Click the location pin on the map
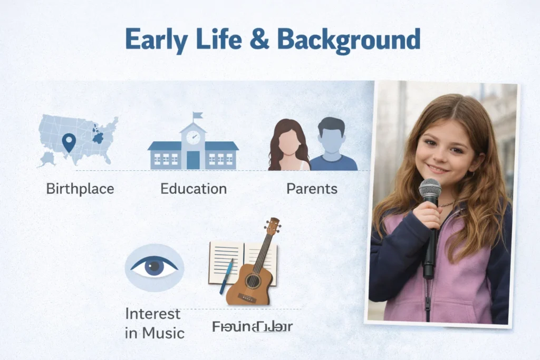69,142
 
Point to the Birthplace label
80,189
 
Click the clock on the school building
193,137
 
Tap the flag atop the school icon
198,115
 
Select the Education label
194,189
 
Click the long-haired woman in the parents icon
288,145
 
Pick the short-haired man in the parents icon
332,145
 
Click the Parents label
312,189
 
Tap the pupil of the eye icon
154,267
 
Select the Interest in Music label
154,323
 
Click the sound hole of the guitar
253,280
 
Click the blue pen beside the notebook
226,277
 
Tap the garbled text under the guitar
252,327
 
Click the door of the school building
193,160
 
